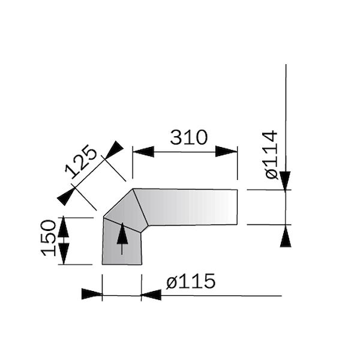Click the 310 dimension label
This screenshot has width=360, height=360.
pos(188,137)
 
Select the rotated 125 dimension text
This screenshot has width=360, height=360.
pos(82,161)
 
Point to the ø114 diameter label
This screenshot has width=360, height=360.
pos(271,154)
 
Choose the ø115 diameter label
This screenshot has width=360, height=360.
pos(190,281)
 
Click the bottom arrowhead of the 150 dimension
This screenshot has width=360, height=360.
pos(63,253)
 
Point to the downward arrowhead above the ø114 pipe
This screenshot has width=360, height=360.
pos(286,180)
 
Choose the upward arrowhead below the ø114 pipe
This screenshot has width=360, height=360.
pos(286,236)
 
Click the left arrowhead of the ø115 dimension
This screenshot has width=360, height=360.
pos(92,294)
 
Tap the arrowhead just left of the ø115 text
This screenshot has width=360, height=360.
pos(151,294)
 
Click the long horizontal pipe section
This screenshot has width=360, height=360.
pos(192,207)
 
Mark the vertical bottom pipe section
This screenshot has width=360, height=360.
pos(122,246)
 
